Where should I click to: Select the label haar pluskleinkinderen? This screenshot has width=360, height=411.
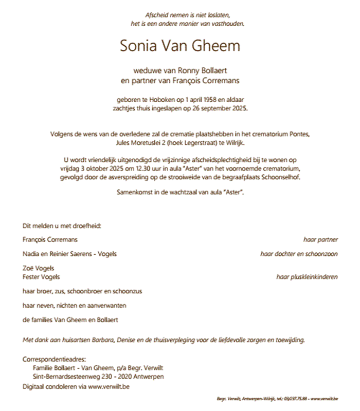(x=307, y=277)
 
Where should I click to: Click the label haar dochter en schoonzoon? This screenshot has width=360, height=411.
(x=299, y=254)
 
